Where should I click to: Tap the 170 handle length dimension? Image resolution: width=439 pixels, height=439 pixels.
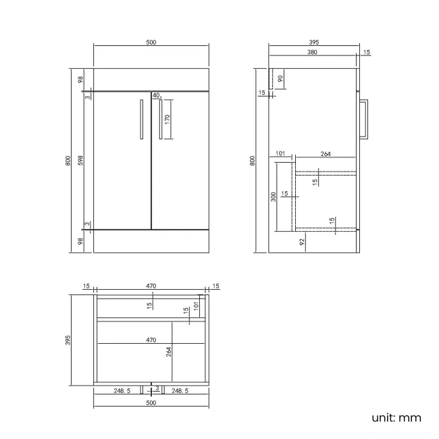coord(167,120)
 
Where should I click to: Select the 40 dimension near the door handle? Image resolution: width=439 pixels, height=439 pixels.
coord(156,96)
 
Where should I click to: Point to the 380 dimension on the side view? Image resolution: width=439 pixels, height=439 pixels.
coord(313,52)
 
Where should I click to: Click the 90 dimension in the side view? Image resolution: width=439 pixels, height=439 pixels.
coord(280,78)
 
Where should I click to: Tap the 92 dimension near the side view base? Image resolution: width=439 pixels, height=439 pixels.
coord(302,240)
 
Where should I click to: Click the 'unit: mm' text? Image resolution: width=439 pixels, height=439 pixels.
coord(396,417)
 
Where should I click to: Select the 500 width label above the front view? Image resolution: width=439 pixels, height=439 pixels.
coord(151,42)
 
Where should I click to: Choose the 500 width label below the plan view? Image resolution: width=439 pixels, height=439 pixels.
coord(151,403)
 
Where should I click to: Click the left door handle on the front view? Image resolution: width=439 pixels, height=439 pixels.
coord(141,120)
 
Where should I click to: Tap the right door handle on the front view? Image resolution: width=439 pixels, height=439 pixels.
coord(160,120)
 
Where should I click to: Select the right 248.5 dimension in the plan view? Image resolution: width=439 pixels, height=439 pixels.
coord(180,391)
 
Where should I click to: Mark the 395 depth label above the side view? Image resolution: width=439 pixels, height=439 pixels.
coord(313,42)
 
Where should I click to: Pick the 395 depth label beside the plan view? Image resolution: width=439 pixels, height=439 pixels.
coord(68,341)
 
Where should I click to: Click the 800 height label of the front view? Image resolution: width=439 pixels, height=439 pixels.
coord(68,160)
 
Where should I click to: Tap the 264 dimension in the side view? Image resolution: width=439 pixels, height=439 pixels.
coord(326,155)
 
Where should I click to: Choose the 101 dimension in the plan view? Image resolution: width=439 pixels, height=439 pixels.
coord(196,306)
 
